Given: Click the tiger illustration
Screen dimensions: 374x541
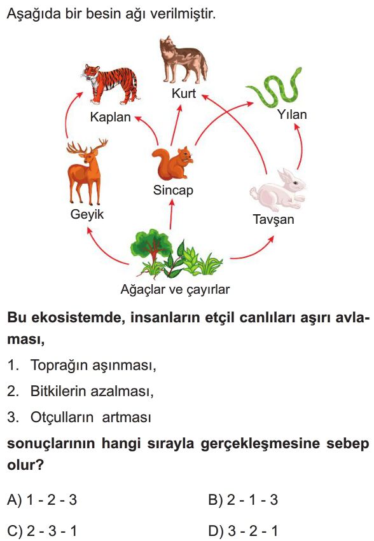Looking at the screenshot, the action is (111, 84).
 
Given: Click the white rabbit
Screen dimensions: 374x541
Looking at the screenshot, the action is (278, 190).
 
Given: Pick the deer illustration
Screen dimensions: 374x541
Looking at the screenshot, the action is (87, 172).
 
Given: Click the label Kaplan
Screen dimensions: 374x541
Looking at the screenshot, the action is (111, 118).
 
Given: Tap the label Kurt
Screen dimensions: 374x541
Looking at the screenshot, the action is (184, 93).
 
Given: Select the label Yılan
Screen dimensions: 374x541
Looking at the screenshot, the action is (292, 114).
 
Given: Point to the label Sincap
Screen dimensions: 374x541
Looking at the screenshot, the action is (173, 190).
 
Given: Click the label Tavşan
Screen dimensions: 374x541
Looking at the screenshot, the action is (274, 219).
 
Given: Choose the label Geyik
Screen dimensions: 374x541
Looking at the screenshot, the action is (87, 214).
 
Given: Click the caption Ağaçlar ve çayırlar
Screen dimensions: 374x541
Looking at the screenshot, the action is (175, 289).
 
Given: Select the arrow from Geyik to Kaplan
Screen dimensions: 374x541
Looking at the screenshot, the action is (67, 114).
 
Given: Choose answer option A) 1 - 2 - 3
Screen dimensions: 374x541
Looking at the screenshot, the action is (42, 500).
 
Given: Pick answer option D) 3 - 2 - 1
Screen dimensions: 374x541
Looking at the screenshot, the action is (243, 531).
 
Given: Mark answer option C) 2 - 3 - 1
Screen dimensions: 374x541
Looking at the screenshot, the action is (42, 531).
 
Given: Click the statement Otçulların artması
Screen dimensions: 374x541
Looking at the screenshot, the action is (91, 418).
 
